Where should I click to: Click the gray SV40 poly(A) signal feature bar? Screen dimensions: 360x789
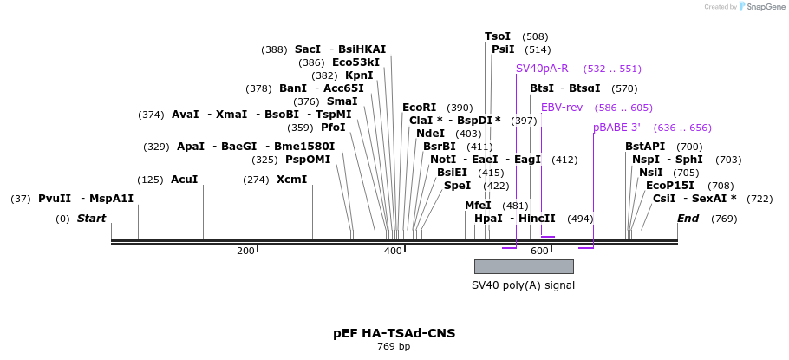pyautogui.click(x=523, y=266)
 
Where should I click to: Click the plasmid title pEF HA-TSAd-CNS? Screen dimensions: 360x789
pyautogui.click(x=394, y=333)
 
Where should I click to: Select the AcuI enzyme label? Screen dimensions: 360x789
pyautogui.click(x=184, y=180)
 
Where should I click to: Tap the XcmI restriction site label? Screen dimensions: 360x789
pyautogui.click(x=291, y=180)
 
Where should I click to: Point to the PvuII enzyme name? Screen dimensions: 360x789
pyautogui.click(x=55, y=199)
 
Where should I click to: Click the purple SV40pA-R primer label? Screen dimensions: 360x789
pyautogui.click(x=542, y=69)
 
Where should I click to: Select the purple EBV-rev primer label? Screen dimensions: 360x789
pyautogui.click(x=562, y=108)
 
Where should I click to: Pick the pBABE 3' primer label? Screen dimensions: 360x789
pyautogui.click(x=616, y=128)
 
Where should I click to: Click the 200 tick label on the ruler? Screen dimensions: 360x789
pyautogui.click(x=245, y=251)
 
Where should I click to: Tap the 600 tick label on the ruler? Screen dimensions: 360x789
pyautogui.click(x=539, y=251)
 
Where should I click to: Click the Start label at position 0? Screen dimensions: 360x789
pyautogui.click(x=91, y=219)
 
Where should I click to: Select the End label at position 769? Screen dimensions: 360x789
pyautogui.click(x=688, y=219)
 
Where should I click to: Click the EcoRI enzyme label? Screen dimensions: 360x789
pyautogui.click(x=419, y=108)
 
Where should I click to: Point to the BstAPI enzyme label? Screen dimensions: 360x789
pyautogui.click(x=645, y=147)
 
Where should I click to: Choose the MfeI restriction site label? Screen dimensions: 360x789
pyautogui.click(x=478, y=206)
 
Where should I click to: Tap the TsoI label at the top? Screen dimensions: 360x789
pyautogui.click(x=498, y=36)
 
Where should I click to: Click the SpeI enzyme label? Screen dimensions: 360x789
pyautogui.click(x=457, y=186)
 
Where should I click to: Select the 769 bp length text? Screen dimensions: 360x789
pyautogui.click(x=394, y=347)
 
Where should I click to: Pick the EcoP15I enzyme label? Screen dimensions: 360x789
pyautogui.click(x=669, y=186)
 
